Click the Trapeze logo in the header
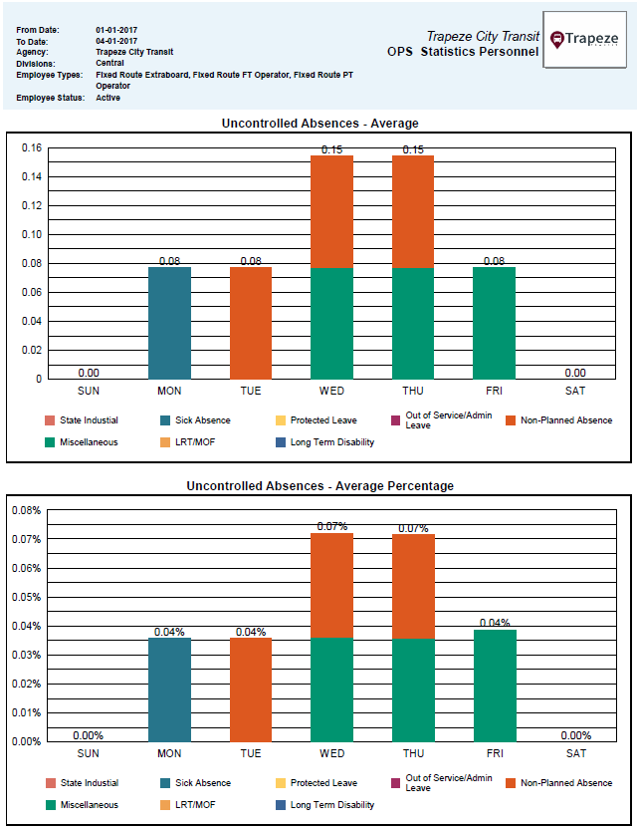coord(584,40)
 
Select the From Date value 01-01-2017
coord(116,30)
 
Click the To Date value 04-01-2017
coord(116,41)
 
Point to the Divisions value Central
coord(109,63)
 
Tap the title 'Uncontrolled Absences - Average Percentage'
coord(319,486)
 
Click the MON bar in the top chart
coord(169,323)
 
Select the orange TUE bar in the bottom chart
coord(251,689)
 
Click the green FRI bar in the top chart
coord(495,323)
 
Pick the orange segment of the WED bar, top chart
coord(332,211)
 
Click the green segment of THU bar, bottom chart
coord(413,690)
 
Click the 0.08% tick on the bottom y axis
coord(26,510)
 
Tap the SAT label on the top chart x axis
coord(575,390)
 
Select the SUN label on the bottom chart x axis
coord(89,753)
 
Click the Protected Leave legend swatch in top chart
coord(281,420)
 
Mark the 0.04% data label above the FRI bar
coord(495,624)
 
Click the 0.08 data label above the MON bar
coord(169,261)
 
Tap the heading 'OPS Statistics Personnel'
coord(463,52)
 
